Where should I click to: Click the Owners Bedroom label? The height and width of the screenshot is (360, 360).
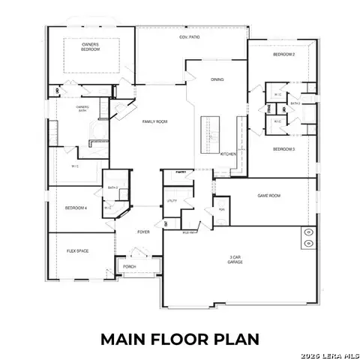point(90,46)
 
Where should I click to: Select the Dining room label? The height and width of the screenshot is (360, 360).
point(217,79)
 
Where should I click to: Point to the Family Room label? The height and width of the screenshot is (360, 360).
point(155,121)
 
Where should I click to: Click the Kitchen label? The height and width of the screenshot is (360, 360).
point(228,154)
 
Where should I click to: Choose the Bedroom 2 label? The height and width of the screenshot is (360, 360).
point(283,55)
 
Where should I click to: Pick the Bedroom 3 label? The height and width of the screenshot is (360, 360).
point(283,149)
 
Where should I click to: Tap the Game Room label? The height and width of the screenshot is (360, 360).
point(268,195)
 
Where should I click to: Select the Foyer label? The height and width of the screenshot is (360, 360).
point(143,232)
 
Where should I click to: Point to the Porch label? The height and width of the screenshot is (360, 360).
point(129,266)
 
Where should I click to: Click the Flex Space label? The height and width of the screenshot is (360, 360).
point(78,250)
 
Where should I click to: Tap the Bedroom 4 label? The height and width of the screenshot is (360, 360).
point(76,208)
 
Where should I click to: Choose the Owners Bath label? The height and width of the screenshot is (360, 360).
point(82,107)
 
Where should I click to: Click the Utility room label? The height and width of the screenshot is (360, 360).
point(171,201)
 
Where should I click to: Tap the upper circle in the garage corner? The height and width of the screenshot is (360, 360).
point(308,232)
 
